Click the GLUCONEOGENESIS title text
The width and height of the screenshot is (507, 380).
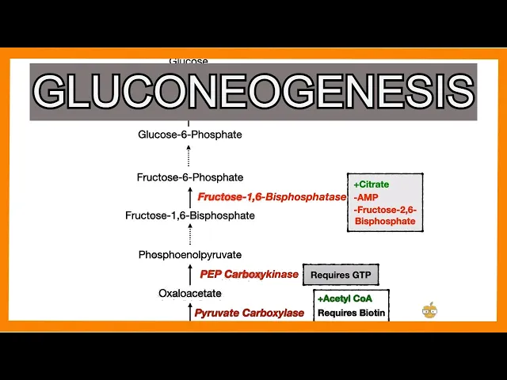pos(253,92)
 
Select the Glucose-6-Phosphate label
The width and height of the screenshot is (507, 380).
pos(190,135)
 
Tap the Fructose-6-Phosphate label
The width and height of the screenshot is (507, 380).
pos(190,177)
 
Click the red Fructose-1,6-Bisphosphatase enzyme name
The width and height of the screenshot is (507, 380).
pos(272,196)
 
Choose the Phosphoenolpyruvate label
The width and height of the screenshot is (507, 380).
pos(190,255)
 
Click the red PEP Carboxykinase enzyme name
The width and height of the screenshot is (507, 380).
pos(249,275)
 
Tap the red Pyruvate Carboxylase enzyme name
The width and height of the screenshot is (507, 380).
pos(250,313)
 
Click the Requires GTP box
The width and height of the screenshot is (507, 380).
pos(341,275)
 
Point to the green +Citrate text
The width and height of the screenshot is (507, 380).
pos(372,184)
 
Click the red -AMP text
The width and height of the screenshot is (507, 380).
pos(366,197)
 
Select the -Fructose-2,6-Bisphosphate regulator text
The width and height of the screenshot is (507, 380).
pos(386,215)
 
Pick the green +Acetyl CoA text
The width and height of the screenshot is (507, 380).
pos(345,298)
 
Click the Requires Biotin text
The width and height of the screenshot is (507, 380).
pos(352,313)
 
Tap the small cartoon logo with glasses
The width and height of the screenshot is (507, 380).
pos(430,310)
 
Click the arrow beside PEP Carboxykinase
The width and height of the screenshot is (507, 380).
pos(190,275)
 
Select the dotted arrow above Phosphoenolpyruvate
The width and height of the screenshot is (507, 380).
pos(190,235)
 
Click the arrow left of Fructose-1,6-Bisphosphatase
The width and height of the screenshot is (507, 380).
pos(190,196)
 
